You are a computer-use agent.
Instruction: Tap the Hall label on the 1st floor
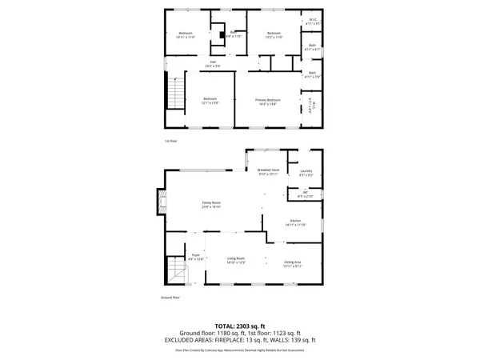[214, 63]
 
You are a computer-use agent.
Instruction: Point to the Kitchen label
[294, 222]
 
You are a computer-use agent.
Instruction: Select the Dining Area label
[293, 264]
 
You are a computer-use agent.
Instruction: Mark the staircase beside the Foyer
[176, 273]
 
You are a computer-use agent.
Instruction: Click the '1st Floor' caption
[169, 141]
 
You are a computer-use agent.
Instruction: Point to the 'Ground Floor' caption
[170, 298]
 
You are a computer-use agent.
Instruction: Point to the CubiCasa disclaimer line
[240, 350]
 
